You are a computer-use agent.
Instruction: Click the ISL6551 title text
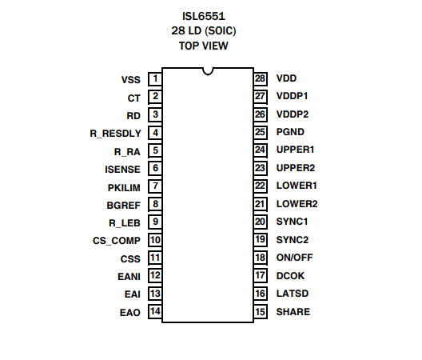[204, 16]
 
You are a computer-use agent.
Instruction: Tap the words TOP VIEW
[204, 46]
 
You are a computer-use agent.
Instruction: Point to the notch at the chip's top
[208, 72]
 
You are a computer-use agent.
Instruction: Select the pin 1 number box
[155, 79]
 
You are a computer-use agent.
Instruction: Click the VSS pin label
[131, 80]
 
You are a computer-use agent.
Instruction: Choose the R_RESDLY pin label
[115, 134]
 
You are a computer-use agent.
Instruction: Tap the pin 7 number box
[155, 186]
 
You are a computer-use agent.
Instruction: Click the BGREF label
[124, 206]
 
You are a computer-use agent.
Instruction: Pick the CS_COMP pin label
[117, 241]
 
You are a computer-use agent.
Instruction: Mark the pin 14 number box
[155, 312]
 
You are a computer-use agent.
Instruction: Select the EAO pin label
[130, 313]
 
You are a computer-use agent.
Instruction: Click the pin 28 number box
[261, 79]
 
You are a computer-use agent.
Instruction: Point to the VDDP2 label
[293, 114]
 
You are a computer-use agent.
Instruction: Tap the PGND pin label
[290, 132]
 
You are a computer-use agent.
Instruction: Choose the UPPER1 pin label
[295, 150]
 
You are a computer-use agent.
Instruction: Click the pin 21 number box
[261, 204]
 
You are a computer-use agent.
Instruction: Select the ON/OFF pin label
[295, 258]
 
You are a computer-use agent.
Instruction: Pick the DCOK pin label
[290, 276]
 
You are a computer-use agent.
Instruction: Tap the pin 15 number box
[261, 312]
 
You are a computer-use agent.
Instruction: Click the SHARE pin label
[293, 312]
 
